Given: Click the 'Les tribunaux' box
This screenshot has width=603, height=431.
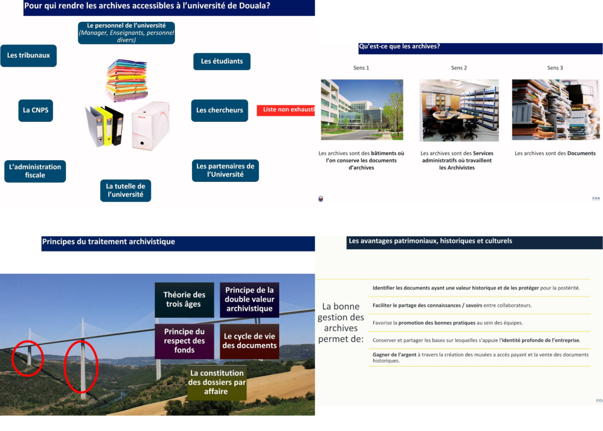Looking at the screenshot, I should point(28,55).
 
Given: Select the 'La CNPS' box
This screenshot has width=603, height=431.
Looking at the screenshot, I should point(35,110).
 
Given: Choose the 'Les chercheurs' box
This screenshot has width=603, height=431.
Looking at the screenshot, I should point(219,110).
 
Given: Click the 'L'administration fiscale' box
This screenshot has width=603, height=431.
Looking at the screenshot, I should point(35,171).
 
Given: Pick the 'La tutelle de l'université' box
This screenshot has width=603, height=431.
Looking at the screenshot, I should point(125,190).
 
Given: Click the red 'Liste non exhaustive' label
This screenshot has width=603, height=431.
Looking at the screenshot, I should point(286,110).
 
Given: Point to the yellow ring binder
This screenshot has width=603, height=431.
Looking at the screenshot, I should point(107,126).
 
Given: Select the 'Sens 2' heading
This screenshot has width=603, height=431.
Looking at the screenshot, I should point(459,68).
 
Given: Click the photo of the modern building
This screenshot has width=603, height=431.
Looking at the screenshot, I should point(362,110).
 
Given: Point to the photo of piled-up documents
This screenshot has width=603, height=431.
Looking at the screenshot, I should point(555,110).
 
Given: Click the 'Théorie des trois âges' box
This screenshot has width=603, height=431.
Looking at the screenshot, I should point(184,300).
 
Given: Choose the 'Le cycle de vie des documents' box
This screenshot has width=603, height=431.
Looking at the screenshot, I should point(250,341).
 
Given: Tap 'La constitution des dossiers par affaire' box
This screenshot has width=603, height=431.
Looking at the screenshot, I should point(216,382).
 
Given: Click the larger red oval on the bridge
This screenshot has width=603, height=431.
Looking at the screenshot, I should point(80,366).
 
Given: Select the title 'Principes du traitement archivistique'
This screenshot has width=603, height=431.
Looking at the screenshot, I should point(108,242).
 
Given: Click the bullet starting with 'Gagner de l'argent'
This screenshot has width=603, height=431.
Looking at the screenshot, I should point(480,357).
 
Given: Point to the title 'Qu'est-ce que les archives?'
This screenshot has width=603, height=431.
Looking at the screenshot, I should point(399,47).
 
